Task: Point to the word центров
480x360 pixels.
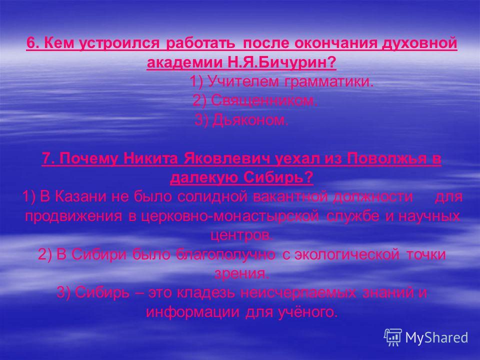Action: [241, 235]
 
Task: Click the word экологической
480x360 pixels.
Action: [347, 254]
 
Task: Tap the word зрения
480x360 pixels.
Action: [241, 274]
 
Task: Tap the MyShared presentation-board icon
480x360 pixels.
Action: [393, 337]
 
